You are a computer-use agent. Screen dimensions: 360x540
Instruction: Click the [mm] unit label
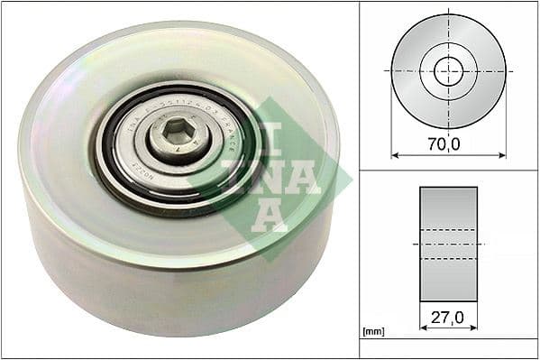[x=371, y=332]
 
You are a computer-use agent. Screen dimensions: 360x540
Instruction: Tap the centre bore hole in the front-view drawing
[x=448, y=71]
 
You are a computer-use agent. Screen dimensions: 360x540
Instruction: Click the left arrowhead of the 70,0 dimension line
[x=395, y=154]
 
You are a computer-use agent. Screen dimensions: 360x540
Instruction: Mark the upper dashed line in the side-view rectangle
[x=448, y=230]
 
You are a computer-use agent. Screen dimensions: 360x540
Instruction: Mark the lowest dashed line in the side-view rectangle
[x=448, y=259]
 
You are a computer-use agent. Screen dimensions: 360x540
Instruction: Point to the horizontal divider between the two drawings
[x=448, y=171]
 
